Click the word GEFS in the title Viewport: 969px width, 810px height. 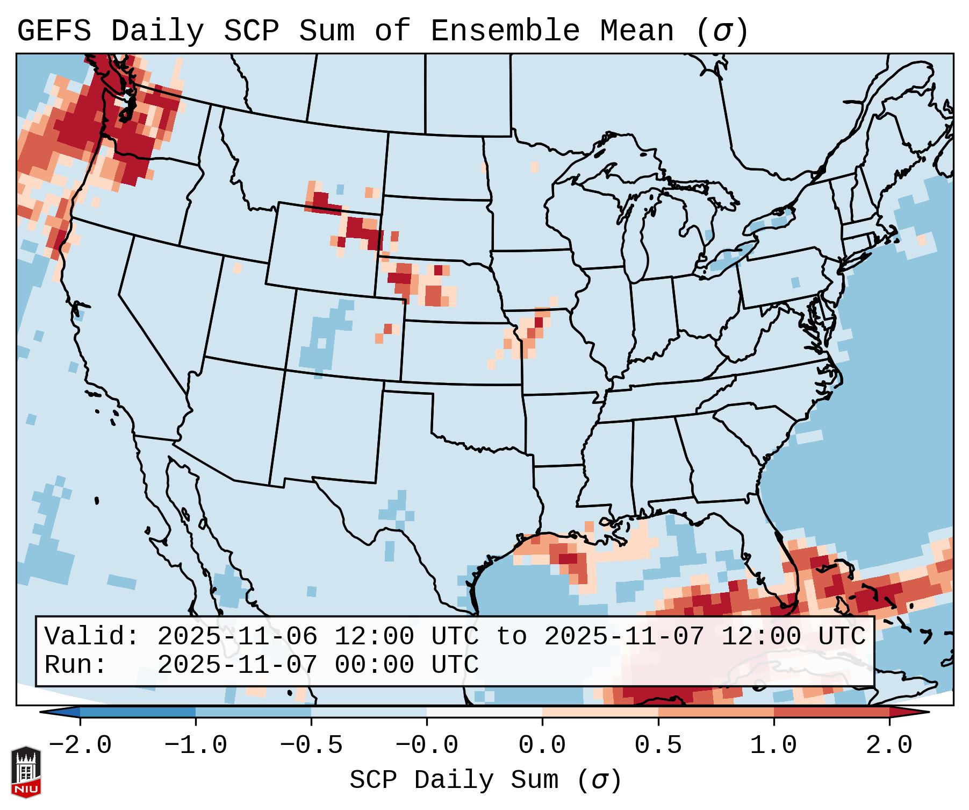coord(54,31)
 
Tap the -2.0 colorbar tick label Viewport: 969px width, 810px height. coord(80,745)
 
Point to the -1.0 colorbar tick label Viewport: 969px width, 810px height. coord(196,745)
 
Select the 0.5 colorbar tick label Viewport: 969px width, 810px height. coord(658,745)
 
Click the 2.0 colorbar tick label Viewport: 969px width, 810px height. coord(889,745)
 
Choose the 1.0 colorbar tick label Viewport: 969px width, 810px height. coord(773,745)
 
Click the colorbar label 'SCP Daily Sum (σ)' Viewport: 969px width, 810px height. coord(485,780)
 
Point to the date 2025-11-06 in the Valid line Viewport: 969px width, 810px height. coord(237,636)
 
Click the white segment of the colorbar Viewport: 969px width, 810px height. coord(484,712)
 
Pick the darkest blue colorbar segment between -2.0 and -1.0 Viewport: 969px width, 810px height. coord(138,712)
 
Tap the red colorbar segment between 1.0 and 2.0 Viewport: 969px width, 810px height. coord(831,712)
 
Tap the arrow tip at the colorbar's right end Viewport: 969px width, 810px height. coord(928,712)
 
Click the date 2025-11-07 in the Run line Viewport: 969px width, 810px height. coord(237,665)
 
